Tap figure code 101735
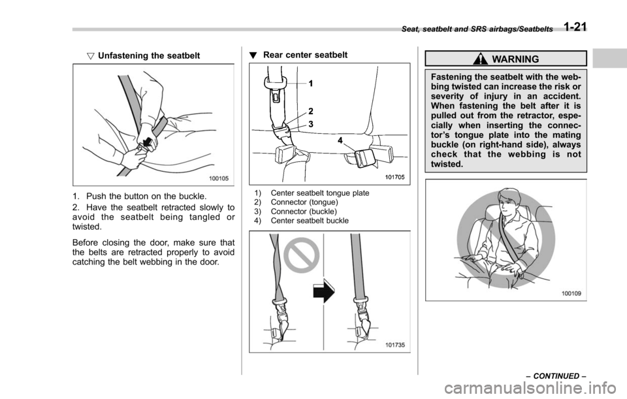point(396,345)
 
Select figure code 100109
point(573,293)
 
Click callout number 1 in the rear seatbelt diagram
point(311,84)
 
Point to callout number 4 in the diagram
point(340,139)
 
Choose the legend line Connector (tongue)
point(297,202)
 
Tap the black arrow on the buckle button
point(151,141)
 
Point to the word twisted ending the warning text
point(447,165)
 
